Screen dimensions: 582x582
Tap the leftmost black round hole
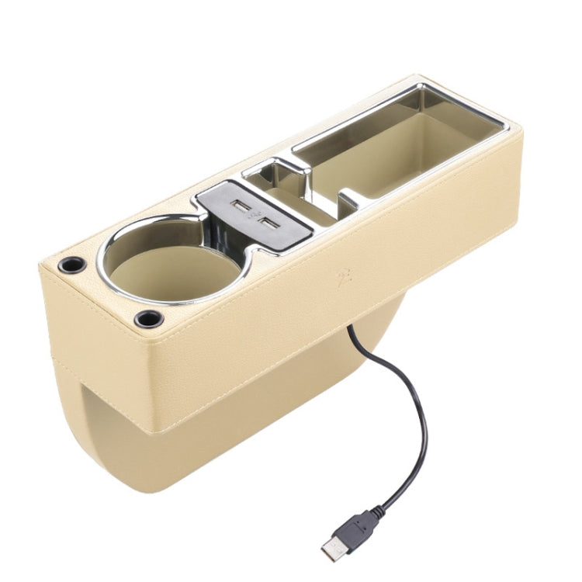pyautogui.click(x=71, y=265)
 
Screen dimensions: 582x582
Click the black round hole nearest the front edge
pyautogui.click(x=146, y=318)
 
